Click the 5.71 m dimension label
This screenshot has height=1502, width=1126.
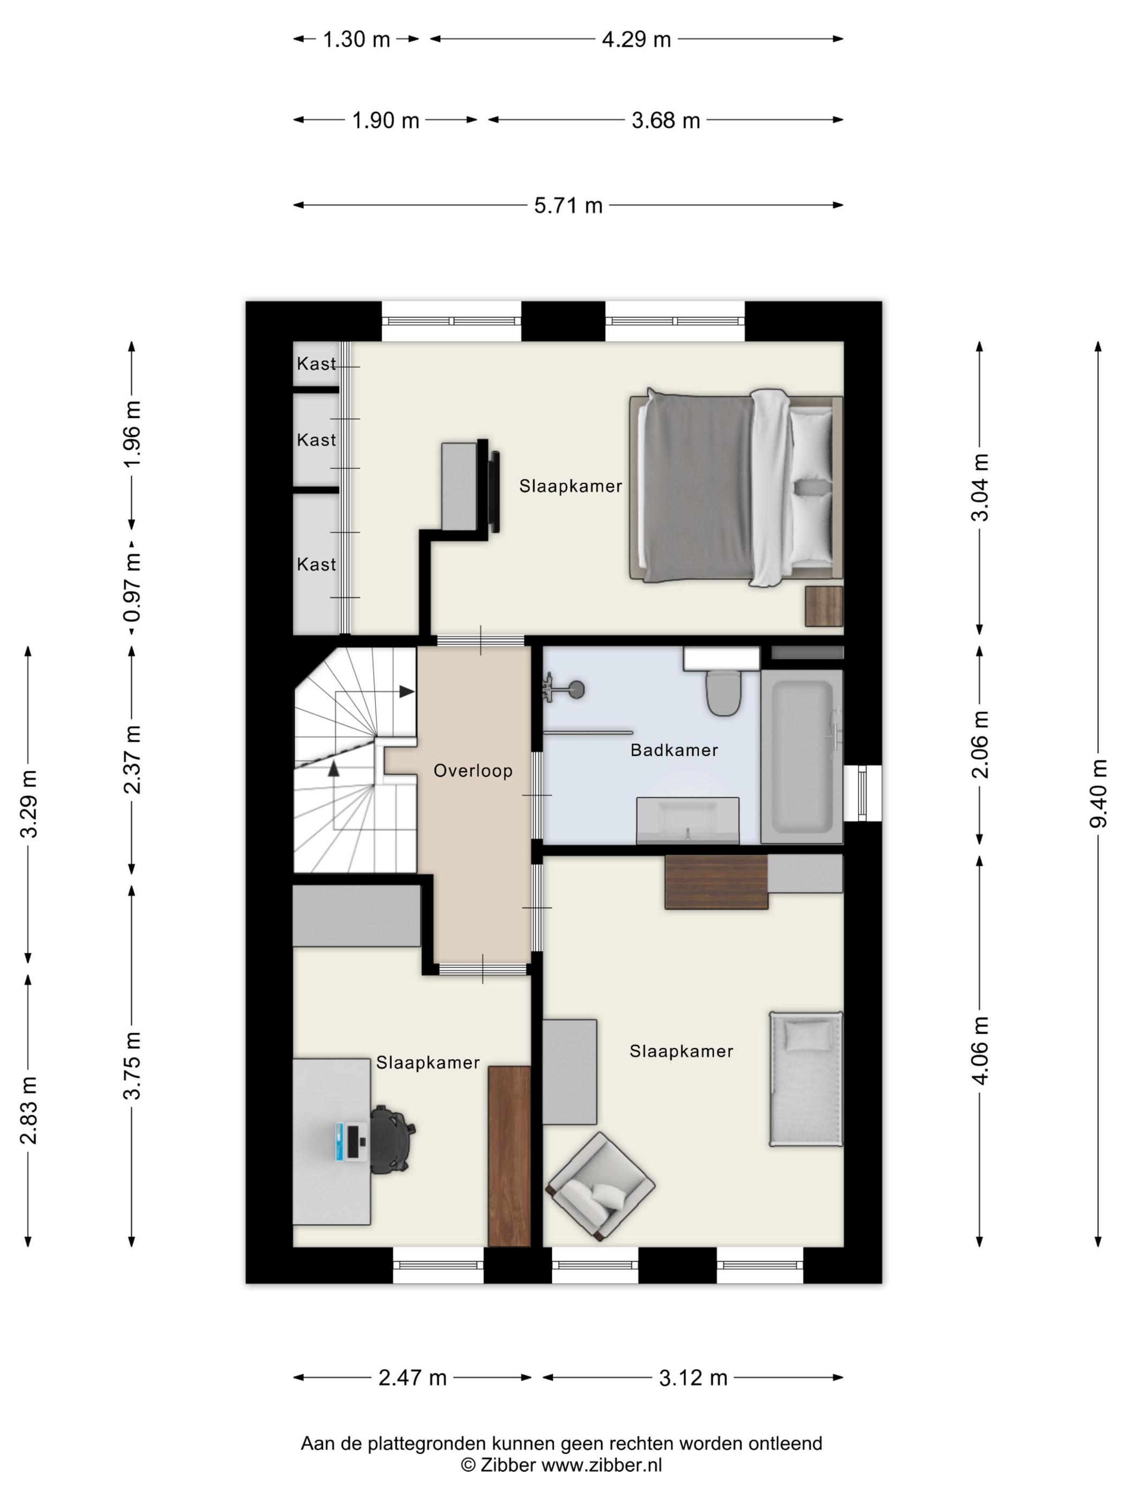(568, 205)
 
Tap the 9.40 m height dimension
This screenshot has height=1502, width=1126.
(1098, 793)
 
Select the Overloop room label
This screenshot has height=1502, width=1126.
(473, 771)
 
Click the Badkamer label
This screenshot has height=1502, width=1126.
(674, 750)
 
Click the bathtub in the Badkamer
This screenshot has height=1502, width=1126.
(802, 756)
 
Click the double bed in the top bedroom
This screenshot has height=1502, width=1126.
(736, 488)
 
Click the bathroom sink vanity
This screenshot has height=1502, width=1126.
(687, 820)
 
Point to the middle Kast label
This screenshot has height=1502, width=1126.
(316, 440)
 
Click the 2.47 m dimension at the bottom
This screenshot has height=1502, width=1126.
(412, 1378)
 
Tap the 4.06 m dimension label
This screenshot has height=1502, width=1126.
(980, 1050)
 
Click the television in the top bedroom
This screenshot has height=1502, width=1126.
(494, 491)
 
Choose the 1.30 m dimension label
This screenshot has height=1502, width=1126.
(357, 39)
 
